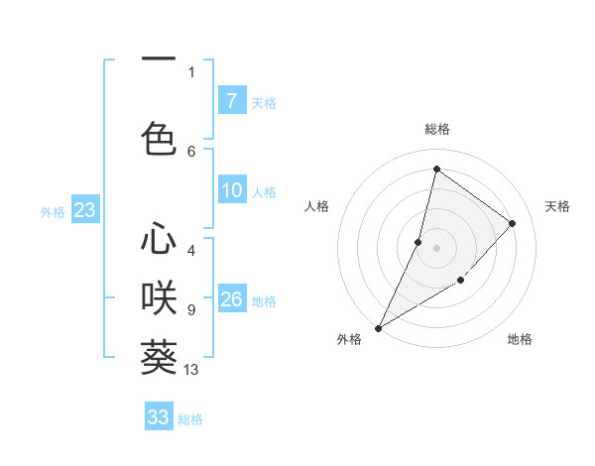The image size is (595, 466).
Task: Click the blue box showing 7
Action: click(231, 101)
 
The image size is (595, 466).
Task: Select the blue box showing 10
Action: click(232, 191)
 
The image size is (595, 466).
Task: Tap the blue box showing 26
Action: click(232, 300)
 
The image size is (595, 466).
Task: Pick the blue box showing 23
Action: click(84, 210)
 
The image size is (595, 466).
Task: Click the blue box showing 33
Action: click(159, 417)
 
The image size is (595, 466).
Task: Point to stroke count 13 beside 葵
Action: click(191, 370)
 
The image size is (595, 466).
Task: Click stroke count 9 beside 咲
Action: click(191, 310)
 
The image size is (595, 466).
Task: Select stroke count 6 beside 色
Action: click(191, 151)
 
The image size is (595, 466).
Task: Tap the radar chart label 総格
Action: click(437, 129)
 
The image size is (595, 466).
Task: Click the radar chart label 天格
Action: click(557, 206)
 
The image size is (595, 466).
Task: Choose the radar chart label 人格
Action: click(316, 206)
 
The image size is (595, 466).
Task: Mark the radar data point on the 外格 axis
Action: click(378, 327)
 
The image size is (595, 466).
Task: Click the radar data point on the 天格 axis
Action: click(513, 223)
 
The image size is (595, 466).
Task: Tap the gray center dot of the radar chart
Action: click(436, 248)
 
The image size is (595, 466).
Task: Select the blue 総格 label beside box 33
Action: click(190, 419)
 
